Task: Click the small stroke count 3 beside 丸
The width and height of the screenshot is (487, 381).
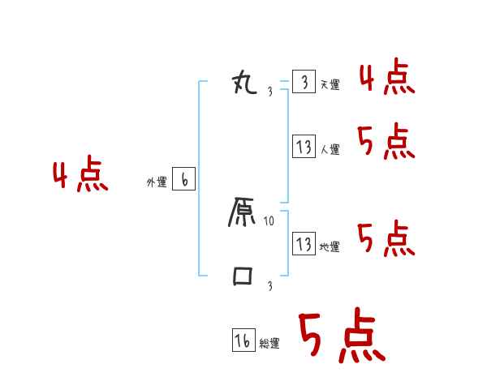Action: pos(269,91)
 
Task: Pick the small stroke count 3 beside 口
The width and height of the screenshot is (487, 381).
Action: pos(269,285)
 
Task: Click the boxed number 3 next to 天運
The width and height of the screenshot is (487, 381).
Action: pos(304,83)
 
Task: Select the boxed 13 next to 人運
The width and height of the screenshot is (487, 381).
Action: pos(304,147)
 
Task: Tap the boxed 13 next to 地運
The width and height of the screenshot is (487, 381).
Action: pos(304,243)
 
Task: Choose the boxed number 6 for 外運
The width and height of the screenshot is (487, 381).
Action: pos(183,180)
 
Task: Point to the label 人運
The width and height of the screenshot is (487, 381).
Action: pos(330,149)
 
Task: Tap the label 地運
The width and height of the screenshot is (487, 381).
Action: pos(330,246)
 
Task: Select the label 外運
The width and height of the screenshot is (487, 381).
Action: pos(156,183)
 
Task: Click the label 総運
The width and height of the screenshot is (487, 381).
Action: pos(269,344)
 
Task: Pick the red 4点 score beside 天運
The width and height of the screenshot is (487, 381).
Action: pos(387,78)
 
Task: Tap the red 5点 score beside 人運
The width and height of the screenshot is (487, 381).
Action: pos(386,143)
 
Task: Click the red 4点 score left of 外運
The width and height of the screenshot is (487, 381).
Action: pos(80,176)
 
